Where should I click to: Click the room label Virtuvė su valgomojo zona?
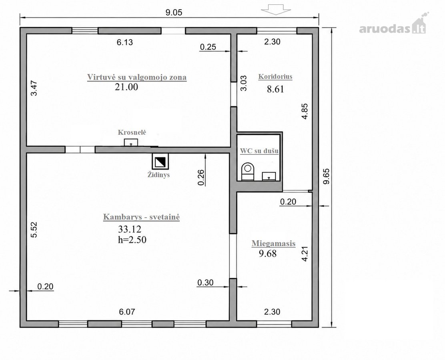click(137, 77)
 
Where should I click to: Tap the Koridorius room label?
click(275, 76)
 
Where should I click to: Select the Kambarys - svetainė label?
click(141, 217)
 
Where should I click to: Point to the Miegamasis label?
click(274, 244)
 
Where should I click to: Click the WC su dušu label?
click(259, 151)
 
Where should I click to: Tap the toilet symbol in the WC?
click(248, 172)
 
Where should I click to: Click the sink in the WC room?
click(269, 176)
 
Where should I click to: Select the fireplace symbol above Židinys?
click(160, 162)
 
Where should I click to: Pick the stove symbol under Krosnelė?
click(131, 142)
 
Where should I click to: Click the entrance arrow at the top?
click(276, 10)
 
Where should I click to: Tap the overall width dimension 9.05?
click(174, 12)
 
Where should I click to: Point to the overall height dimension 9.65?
click(327, 176)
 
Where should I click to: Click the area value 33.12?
click(129, 229)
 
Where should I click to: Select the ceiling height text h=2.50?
click(132, 240)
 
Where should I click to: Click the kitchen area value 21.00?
click(126, 87)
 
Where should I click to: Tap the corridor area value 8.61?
click(275, 89)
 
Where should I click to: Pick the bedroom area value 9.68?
click(268, 253)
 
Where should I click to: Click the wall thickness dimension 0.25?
click(208, 47)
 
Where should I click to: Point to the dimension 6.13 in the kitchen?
click(125, 42)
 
